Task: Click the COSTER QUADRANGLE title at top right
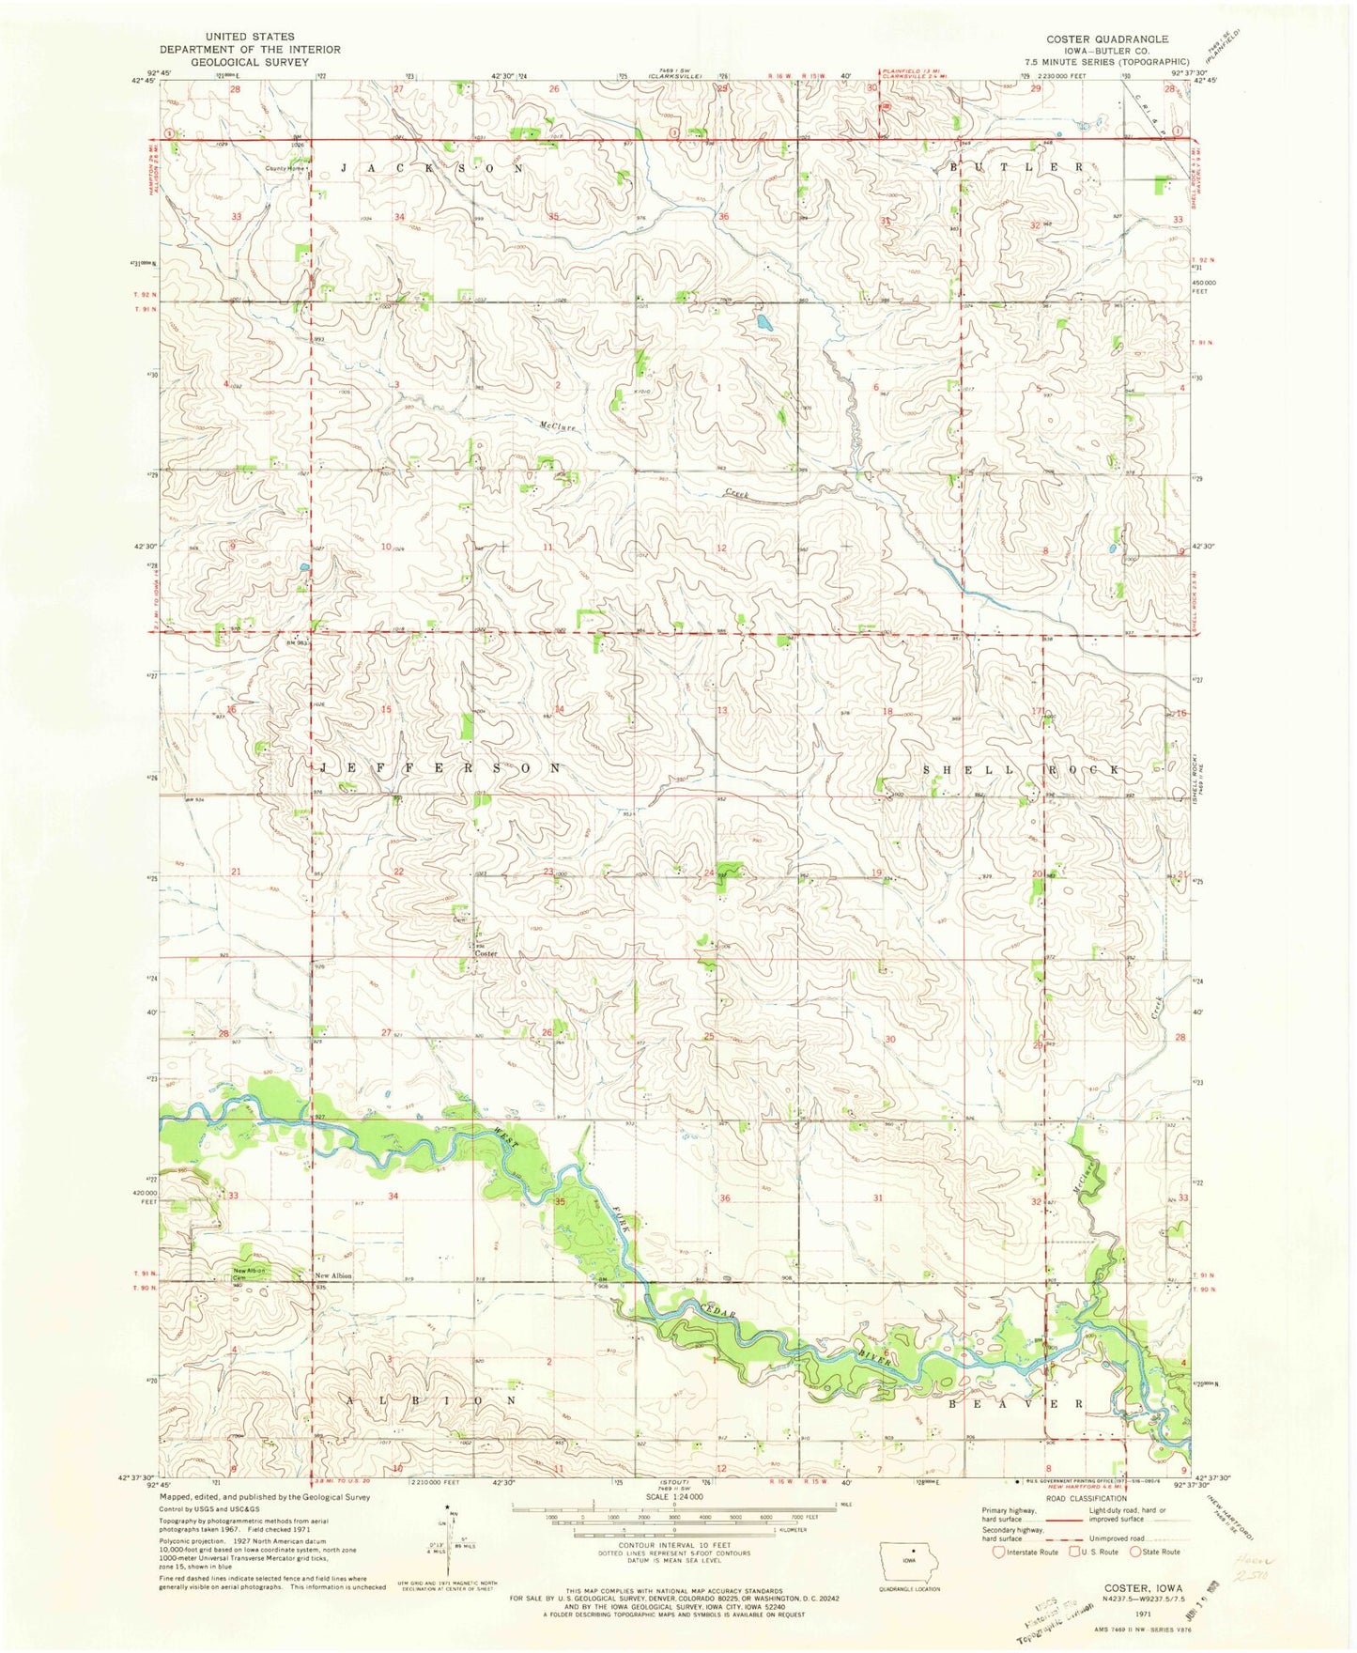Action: click(x=1107, y=39)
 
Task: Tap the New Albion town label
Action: click(x=333, y=1275)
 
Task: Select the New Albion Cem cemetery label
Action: click(x=250, y=1275)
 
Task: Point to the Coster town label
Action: click(x=485, y=953)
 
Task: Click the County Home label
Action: click(x=285, y=169)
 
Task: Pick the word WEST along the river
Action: click(x=505, y=1138)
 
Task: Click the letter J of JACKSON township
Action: click(x=345, y=167)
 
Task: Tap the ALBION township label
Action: click(x=433, y=1399)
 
